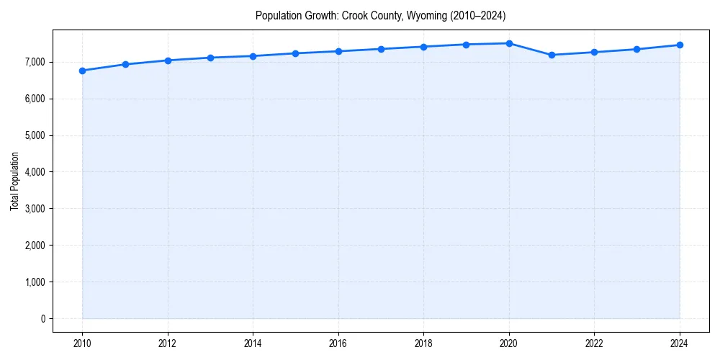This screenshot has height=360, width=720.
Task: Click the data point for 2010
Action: pyautogui.click(x=82, y=71)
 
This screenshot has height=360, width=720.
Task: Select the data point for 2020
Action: pyautogui.click(x=509, y=43)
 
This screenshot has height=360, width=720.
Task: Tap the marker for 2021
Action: pyautogui.click(x=552, y=55)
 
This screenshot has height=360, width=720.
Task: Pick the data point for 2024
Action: pyautogui.click(x=680, y=45)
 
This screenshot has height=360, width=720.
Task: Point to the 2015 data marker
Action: pyautogui.click(x=296, y=53)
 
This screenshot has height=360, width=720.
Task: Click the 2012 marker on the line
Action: pyautogui.click(x=168, y=60)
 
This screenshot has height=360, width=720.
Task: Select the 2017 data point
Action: pyautogui.click(x=381, y=49)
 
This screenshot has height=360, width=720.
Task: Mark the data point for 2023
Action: pyautogui.click(x=637, y=49)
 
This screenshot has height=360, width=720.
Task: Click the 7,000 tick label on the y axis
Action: pyautogui.click(x=34, y=63)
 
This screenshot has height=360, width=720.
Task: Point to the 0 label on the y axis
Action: pyautogui.click(x=42, y=319)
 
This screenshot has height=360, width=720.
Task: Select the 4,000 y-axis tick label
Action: pyautogui.click(x=34, y=172)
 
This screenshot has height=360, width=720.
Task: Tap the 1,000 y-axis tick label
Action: pyautogui.click(x=34, y=282)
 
